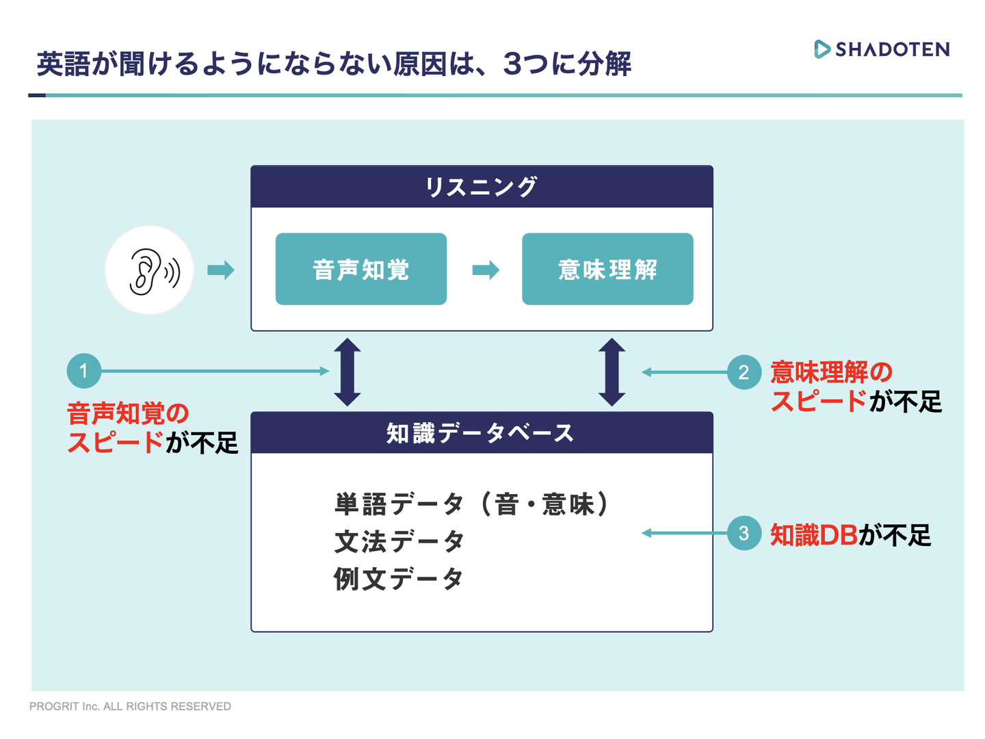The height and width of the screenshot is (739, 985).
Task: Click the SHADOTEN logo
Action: coord(882,49)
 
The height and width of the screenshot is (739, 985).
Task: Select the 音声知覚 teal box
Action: coord(361,269)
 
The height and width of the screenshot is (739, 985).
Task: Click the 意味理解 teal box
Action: coord(607,269)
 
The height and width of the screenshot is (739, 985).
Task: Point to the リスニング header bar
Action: coord(482,187)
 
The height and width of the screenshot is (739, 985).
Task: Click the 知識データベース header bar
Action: coord(482,433)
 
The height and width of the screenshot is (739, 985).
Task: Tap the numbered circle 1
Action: coord(84,371)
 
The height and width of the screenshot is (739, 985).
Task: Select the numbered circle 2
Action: coord(744,372)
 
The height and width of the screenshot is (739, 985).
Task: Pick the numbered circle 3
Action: coord(744,533)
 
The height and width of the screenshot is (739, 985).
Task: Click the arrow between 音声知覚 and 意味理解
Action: coord(486,270)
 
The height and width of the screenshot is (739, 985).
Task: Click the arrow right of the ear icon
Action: coord(220,270)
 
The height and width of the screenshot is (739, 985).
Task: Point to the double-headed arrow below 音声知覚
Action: coord(347,372)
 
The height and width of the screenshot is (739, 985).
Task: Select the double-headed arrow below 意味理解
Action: coord(612,372)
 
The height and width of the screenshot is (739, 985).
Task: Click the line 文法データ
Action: coord(399,542)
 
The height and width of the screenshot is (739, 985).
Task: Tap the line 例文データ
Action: coord(399,579)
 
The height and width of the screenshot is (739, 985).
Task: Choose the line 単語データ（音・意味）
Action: coord(472,504)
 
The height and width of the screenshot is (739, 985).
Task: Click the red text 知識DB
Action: coord(814,535)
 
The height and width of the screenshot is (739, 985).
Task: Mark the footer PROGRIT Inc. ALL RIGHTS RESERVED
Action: coord(130,706)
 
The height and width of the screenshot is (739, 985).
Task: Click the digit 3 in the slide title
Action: coord(512,64)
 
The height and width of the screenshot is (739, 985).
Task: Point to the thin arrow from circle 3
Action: coord(684,533)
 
